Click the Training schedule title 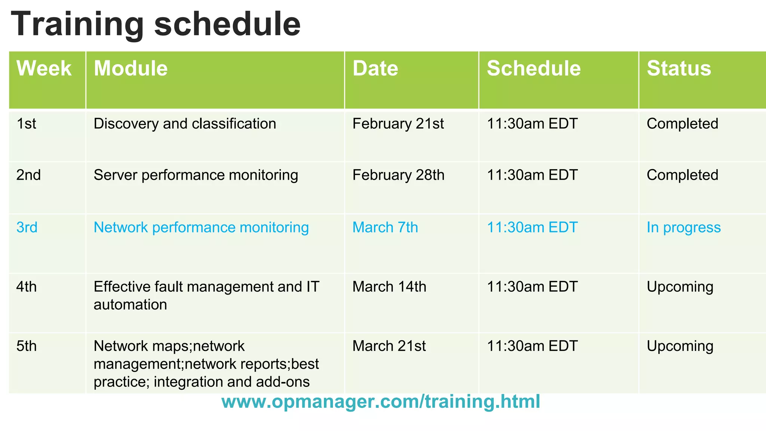(156, 24)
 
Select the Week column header (44, 68)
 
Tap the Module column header (131, 68)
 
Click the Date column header (375, 68)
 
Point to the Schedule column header (533, 68)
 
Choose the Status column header (678, 68)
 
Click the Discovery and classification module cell (185, 124)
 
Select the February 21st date (398, 124)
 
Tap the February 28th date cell (398, 175)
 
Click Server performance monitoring (196, 175)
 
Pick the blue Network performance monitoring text (201, 227)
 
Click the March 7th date (385, 227)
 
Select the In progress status (683, 227)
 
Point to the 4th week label (27, 287)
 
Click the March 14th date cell (389, 287)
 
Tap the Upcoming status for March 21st (680, 346)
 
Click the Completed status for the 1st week (682, 124)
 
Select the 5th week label (27, 346)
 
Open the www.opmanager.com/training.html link (380, 401)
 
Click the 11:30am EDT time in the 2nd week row (532, 175)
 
